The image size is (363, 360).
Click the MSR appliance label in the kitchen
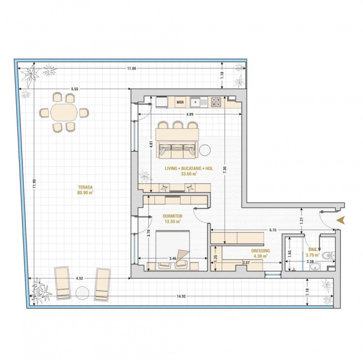(x=180, y=102)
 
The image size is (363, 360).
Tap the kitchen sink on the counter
(x=199, y=102)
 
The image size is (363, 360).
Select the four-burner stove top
(x=216, y=102)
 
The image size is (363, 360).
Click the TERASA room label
(x=85, y=187)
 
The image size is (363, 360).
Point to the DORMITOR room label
(x=172, y=216)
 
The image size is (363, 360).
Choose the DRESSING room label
(x=260, y=250)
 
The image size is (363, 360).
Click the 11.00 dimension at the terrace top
(x=131, y=68)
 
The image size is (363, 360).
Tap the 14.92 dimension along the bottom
(x=181, y=296)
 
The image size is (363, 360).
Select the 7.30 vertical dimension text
(x=224, y=170)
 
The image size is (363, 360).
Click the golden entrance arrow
(x=341, y=220)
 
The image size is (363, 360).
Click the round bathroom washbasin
(x=315, y=267)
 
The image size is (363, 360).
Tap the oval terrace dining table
(x=64, y=112)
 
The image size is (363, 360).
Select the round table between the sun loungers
(x=82, y=293)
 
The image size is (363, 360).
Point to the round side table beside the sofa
(x=205, y=150)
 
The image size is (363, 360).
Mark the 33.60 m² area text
(x=189, y=173)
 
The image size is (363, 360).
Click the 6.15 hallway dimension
(x=273, y=230)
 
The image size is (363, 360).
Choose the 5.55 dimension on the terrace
(x=74, y=89)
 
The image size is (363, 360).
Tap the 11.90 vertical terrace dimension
(x=34, y=183)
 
